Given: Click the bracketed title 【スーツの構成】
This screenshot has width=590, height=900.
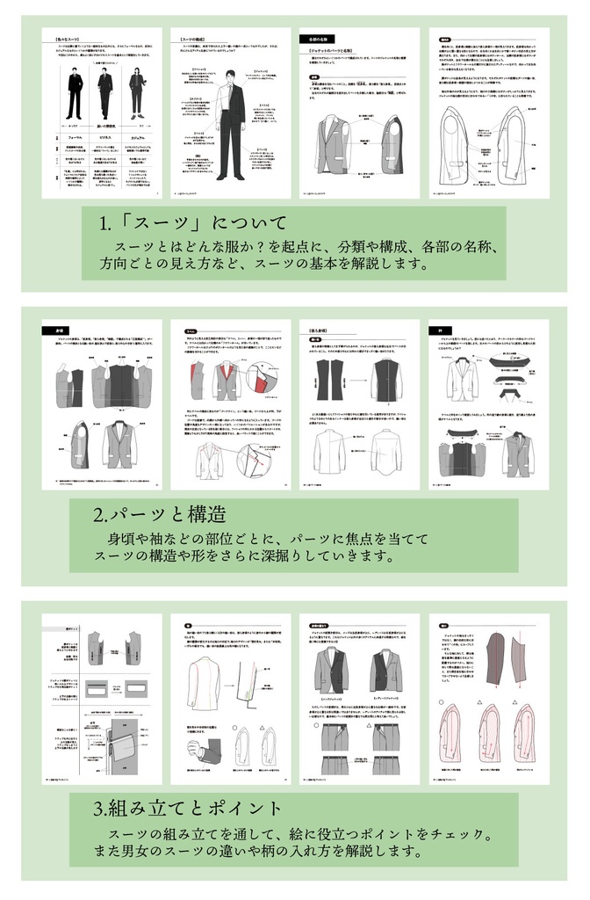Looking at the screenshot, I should point(194,40).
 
